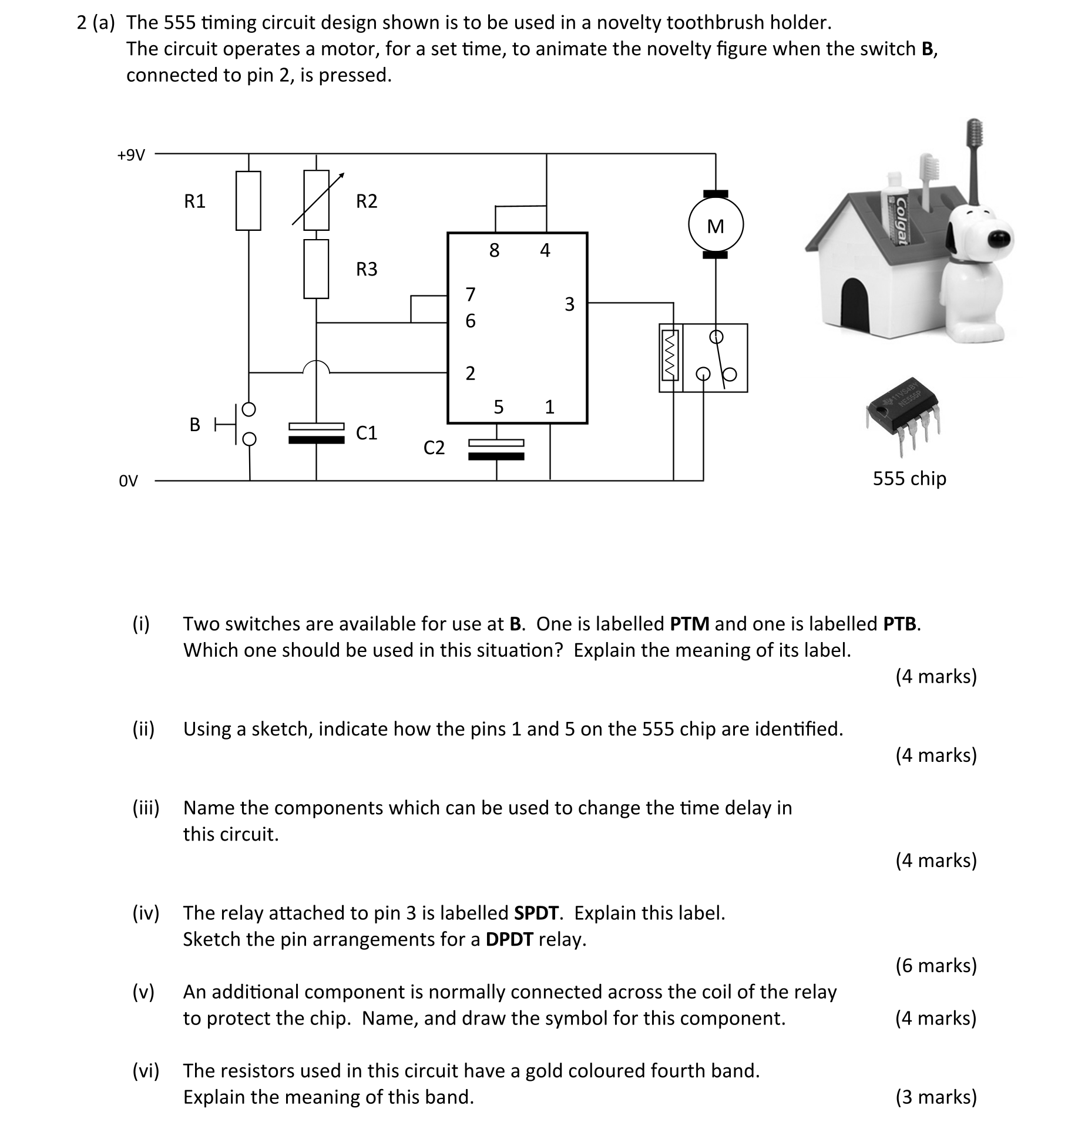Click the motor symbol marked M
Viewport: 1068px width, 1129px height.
(x=715, y=226)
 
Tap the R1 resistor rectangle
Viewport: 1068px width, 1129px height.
(x=248, y=200)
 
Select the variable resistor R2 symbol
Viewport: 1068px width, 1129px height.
(x=316, y=200)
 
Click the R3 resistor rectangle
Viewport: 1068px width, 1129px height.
(x=316, y=269)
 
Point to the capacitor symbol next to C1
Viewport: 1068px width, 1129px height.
(x=316, y=433)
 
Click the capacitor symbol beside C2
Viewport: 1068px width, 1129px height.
(x=496, y=449)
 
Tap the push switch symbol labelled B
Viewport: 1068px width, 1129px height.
(x=241, y=424)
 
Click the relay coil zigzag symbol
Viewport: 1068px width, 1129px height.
(x=670, y=357)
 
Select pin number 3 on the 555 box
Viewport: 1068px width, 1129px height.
(x=569, y=304)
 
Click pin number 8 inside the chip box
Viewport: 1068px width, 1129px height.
(x=494, y=251)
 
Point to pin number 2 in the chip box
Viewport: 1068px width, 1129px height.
(x=470, y=373)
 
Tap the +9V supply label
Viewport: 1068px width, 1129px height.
(x=130, y=155)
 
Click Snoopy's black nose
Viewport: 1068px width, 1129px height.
(x=997, y=238)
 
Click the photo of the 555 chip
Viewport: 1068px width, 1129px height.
(x=903, y=414)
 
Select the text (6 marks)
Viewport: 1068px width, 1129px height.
(x=936, y=965)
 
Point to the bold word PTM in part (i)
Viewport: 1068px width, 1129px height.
(x=690, y=624)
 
